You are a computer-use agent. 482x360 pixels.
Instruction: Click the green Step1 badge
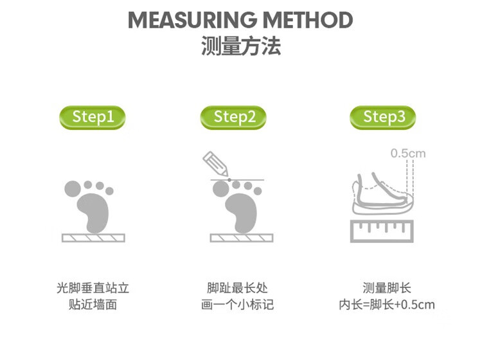[x=92, y=118]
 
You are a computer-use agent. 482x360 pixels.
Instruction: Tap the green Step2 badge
[x=233, y=118]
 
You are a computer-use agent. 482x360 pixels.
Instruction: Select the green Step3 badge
[x=383, y=118]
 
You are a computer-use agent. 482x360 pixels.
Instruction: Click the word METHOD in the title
[x=308, y=20]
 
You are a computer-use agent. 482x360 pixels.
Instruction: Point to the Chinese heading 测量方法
[x=241, y=46]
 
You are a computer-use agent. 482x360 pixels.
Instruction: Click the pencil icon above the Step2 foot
[x=215, y=164]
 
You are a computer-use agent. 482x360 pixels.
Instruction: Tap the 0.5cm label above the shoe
[x=408, y=153]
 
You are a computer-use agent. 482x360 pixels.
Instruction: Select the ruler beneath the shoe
[x=382, y=231]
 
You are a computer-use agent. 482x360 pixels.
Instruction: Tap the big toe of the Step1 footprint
[x=73, y=188]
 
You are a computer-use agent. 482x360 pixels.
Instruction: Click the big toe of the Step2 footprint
[x=221, y=188]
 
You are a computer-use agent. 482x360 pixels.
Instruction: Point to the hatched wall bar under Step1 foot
[x=93, y=238]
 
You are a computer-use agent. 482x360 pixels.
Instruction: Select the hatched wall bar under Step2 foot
[x=242, y=238]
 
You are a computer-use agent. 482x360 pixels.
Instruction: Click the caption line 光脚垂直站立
[x=93, y=288]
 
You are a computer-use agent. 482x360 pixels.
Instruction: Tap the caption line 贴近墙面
[x=93, y=305]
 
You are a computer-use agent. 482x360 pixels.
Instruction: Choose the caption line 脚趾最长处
[x=237, y=288]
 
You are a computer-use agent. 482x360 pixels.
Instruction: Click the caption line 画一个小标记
[x=237, y=305]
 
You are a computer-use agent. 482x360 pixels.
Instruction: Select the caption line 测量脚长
[x=387, y=288]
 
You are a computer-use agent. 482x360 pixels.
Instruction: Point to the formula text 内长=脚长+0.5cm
[x=387, y=305]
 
